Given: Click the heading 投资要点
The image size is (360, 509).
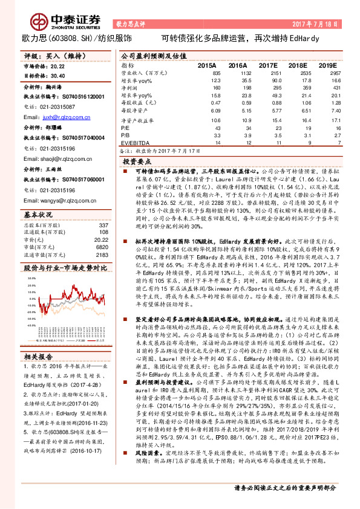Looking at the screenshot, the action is coord(137,162).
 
